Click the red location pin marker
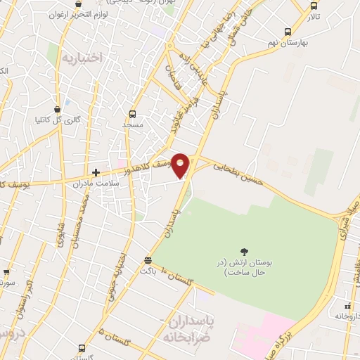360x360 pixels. pyautogui.click(x=181, y=165)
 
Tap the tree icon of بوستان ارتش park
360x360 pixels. pyautogui.click(x=244, y=251)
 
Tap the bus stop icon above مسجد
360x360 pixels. pyautogui.click(x=132, y=114)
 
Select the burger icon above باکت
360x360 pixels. pyautogui.click(x=147, y=259)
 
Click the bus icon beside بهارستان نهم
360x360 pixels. pyautogui.click(x=288, y=32)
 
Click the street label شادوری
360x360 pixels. pyautogui.click(x=60, y=232)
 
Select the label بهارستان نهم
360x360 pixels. pyautogui.click(x=313, y=32)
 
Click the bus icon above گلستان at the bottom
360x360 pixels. pyautogui.click(x=83, y=348)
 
